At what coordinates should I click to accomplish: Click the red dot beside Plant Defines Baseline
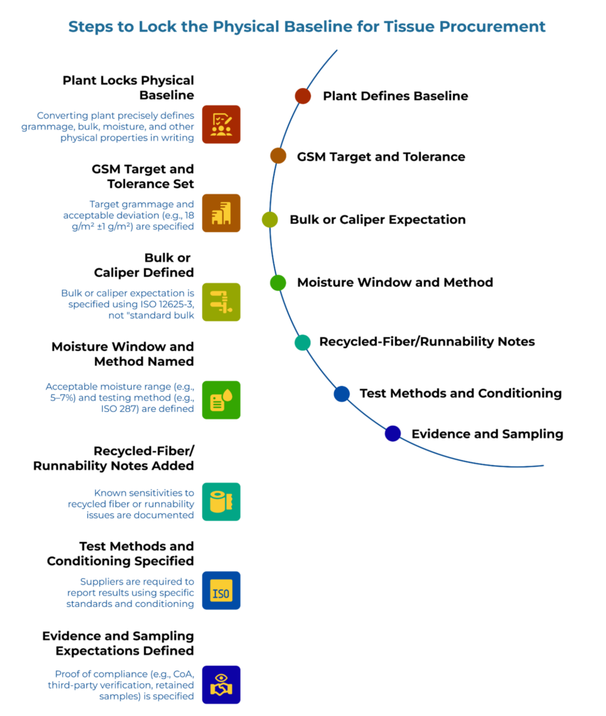(x=303, y=96)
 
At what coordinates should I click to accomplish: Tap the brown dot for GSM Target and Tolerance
(x=278, y=156)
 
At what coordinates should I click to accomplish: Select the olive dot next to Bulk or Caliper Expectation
(x=270, y=220)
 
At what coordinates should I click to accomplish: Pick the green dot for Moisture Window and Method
(x=278, y=282)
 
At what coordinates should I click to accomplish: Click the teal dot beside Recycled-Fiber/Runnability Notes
(x=303, y=342)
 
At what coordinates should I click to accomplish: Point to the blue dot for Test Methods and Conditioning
(x=342, y=394)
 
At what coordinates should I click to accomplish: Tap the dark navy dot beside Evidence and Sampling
(x=393, y=434)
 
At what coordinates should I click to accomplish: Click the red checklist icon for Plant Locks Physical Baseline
(x=221, y=124)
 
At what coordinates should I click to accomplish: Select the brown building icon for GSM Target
(x=221, y=213)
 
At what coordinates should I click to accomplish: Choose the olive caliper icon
(x=221, y=302)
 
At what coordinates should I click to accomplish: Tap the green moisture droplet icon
(x=221, y=400)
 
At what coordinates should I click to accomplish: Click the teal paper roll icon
(x=221, y=501)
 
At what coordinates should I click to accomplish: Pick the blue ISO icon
(x=221, y=590)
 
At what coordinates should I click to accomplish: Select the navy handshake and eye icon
(x=221, y=685)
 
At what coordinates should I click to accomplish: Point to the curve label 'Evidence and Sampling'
(x=487, y=434)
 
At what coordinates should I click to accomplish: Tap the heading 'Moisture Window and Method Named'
(x=123, y=354)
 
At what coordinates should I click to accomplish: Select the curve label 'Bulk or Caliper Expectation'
(x=377, y=220)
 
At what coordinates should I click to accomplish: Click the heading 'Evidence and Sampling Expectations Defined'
(x=118, y=643)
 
